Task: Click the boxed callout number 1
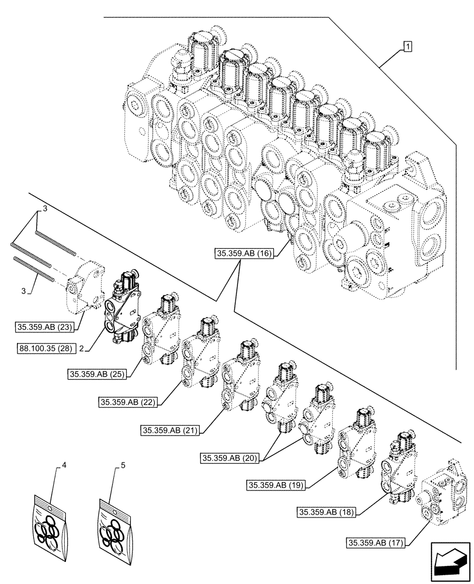pos(407,45)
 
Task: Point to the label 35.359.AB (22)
pos(128,402)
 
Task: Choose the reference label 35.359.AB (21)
pos(170,431)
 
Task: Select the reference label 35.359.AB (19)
pos(277,485)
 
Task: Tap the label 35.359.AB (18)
pos(327,513)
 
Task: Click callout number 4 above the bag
pos(64,465)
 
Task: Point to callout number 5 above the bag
pos(123,465)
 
